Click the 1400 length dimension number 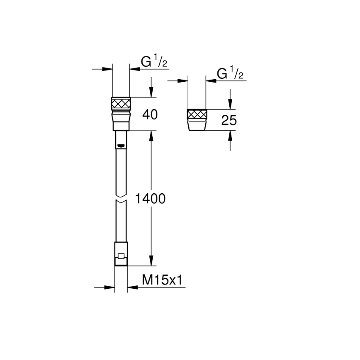150,199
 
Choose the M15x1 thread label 163,281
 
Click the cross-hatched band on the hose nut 121,102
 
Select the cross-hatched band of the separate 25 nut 197,114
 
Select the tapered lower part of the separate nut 197,124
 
